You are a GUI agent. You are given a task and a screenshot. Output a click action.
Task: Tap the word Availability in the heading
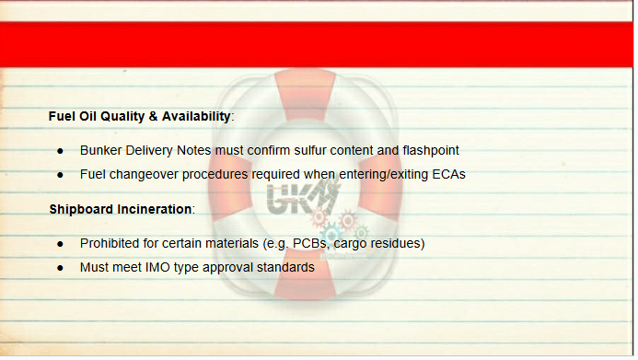[x=196, y=117]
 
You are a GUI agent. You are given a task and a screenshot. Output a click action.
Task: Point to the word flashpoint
[x=431, y=151]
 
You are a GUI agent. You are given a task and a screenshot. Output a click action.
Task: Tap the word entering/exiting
[x=383, y=175]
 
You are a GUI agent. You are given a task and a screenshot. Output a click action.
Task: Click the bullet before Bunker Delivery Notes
[x=61, y=151]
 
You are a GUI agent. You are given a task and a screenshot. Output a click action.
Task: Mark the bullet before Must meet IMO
[x=61, y=268]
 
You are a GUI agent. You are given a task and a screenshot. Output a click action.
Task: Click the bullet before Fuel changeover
[x=61, y=175]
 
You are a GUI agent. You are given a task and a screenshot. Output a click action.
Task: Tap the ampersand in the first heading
[x=154, y=117]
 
